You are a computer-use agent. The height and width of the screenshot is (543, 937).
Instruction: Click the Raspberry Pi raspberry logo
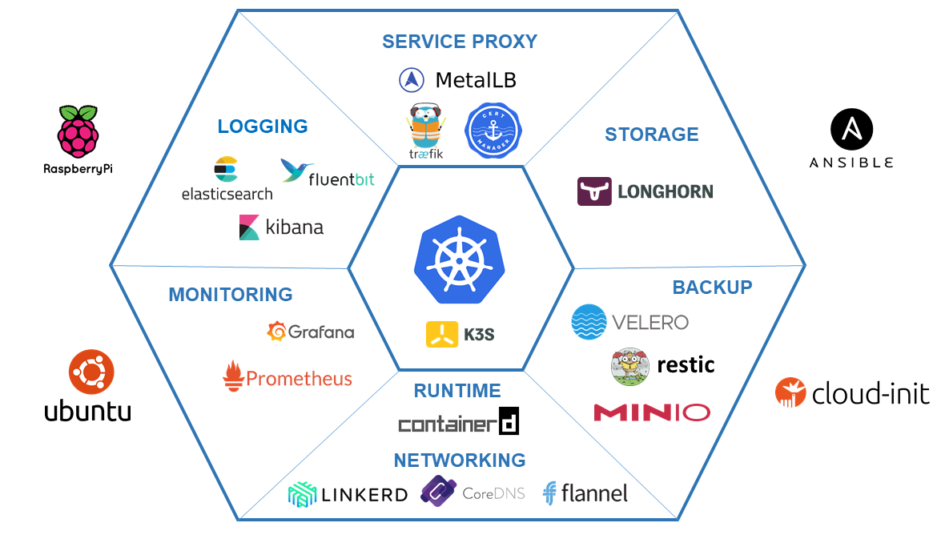pyautogui.click(x=78, y=131)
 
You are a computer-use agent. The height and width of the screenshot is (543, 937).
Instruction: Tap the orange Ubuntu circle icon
pyautogui.click(x=91, y=372)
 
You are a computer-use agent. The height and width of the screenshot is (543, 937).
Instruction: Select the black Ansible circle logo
pyautogui.click(x=851, y=131)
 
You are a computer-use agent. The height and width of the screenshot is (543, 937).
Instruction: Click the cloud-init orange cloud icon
pyautogui.click(x=790, y=392)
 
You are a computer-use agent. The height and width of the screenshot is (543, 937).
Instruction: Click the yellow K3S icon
pyautogui.click(x=441, y=333)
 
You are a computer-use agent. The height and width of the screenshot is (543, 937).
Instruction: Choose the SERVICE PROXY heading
pyautogui.click(x=459, y=42)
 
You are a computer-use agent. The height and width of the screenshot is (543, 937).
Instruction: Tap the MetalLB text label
pyautogui.click(x=476, y=80)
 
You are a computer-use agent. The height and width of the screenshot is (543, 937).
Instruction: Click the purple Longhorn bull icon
pyautogui.click(x=594, y=191)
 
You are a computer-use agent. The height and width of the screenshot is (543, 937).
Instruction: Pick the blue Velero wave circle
pyautogui.click(x=589, y=322)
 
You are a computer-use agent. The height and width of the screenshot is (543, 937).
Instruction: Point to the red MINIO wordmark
pyautogui.click(x=651, y=412)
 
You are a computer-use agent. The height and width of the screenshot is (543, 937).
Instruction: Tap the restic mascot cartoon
pyautogui.click(x=630, y=366)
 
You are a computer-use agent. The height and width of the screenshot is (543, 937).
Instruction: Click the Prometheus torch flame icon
pyautogui.click(x=233, y=376)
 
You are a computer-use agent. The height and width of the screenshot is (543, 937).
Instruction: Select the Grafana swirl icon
pyautogui.click(x=277, y=332)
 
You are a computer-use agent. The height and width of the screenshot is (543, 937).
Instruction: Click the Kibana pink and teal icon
pyautogui.click(x=249, y=227)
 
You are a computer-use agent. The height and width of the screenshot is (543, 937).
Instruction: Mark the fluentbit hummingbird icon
pyautogui.click(x=292, y=170)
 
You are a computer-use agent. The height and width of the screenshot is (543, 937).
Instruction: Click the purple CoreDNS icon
pyautogui.click(x=438, y=491)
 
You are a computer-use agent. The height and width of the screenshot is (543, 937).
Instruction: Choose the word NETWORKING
pyautogui.click(x=460, y=460)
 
